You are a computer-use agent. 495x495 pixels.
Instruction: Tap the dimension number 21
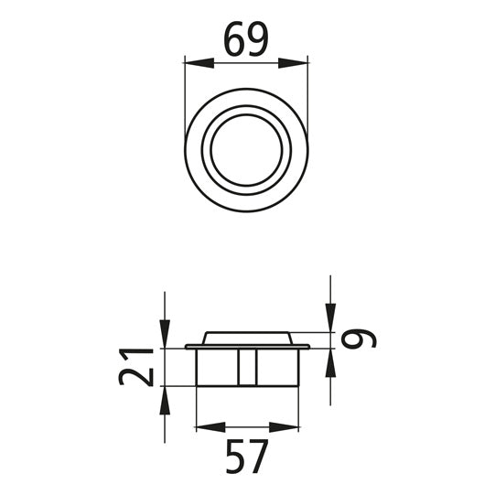(136, 367)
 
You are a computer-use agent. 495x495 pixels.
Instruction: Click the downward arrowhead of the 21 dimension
(164, 339)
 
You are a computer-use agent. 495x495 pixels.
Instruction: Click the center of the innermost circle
(246, 150)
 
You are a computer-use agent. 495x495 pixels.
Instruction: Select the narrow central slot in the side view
(247, 368)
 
